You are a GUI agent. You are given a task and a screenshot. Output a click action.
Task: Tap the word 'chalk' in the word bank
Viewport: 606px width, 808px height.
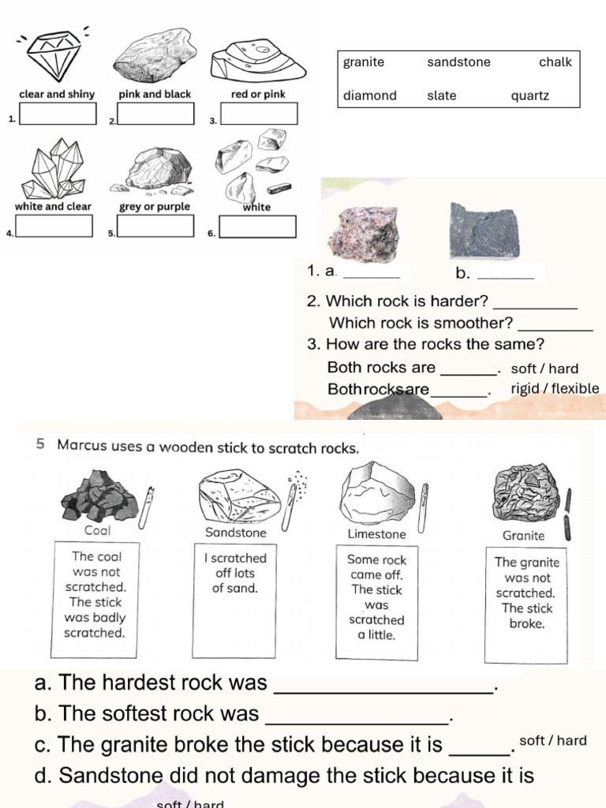555,62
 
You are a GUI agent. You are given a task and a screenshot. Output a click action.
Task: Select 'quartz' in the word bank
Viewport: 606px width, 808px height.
529,95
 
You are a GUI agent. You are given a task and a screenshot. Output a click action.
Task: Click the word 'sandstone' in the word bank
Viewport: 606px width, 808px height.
458,62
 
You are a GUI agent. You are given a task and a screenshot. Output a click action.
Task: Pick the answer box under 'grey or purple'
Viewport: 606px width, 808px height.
155,226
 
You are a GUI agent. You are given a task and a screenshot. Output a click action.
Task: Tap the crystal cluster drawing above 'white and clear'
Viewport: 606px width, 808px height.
54,169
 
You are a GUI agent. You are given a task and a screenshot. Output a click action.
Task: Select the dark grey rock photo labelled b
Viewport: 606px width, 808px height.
484,232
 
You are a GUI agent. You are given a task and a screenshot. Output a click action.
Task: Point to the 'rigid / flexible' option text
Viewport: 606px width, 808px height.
555,388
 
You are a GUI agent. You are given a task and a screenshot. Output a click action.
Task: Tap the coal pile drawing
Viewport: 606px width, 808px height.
98,495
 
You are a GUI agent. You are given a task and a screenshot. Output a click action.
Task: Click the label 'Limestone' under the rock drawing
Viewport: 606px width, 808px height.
376,534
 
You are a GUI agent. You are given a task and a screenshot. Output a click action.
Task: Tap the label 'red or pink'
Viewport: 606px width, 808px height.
258,94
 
